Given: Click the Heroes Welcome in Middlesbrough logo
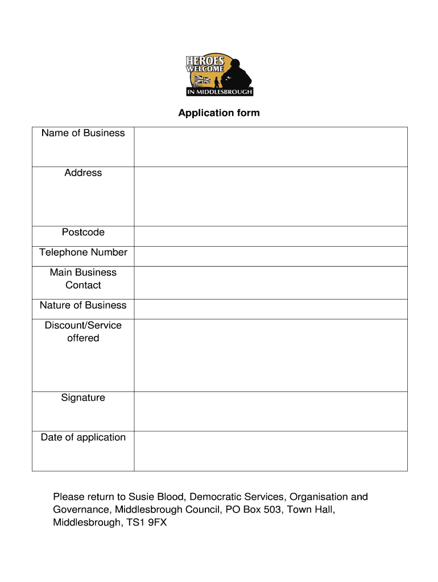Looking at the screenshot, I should coord(219,76).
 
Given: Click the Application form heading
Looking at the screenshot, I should coord(219,113).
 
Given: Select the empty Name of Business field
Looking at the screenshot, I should coord(271,147).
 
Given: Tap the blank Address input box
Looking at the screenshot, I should coord(271,197).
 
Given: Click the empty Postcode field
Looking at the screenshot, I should coord(271,236).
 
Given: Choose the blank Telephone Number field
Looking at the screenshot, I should coord(271,256).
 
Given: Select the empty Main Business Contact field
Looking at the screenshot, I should coord(271,282).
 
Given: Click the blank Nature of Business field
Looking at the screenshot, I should coord(271,309).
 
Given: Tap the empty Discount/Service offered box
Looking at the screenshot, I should coord(271,355).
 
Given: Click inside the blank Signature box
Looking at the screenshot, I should coord(271,411).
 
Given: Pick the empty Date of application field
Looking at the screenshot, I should coord(271,451).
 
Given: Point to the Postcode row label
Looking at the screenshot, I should coord(83,232).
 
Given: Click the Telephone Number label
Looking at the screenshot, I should coord(83,252).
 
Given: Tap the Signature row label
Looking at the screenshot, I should coord(83,398).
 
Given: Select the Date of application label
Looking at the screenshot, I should coord(83,438).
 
